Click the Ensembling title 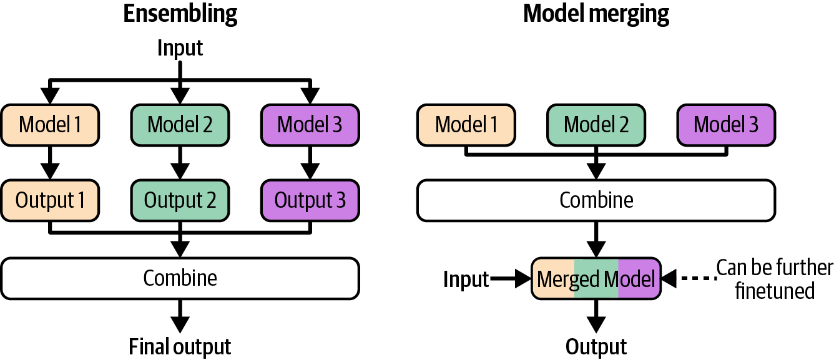(x=180, y=14)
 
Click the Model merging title (x=596, y=14)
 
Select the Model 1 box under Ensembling (x=49, y=125)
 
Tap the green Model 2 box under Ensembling (x=180, y=125)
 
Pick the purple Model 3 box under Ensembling (x=310, y=125)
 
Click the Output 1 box (x=49, y=200)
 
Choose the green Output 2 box (x=180, y=200)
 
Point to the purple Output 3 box (x=310, y=200)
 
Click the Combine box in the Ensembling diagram (x=180, y=278)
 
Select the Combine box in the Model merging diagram (x=596, y=200)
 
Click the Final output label (x=180, y=346)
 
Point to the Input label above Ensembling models (x=180, y=48)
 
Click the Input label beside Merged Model (x=466, y=280)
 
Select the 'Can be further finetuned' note (x=774, y=280)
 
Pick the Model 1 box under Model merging (x=466, y=125)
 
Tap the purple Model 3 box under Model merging (x=726, y=125)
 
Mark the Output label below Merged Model (x=596, y=346)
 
